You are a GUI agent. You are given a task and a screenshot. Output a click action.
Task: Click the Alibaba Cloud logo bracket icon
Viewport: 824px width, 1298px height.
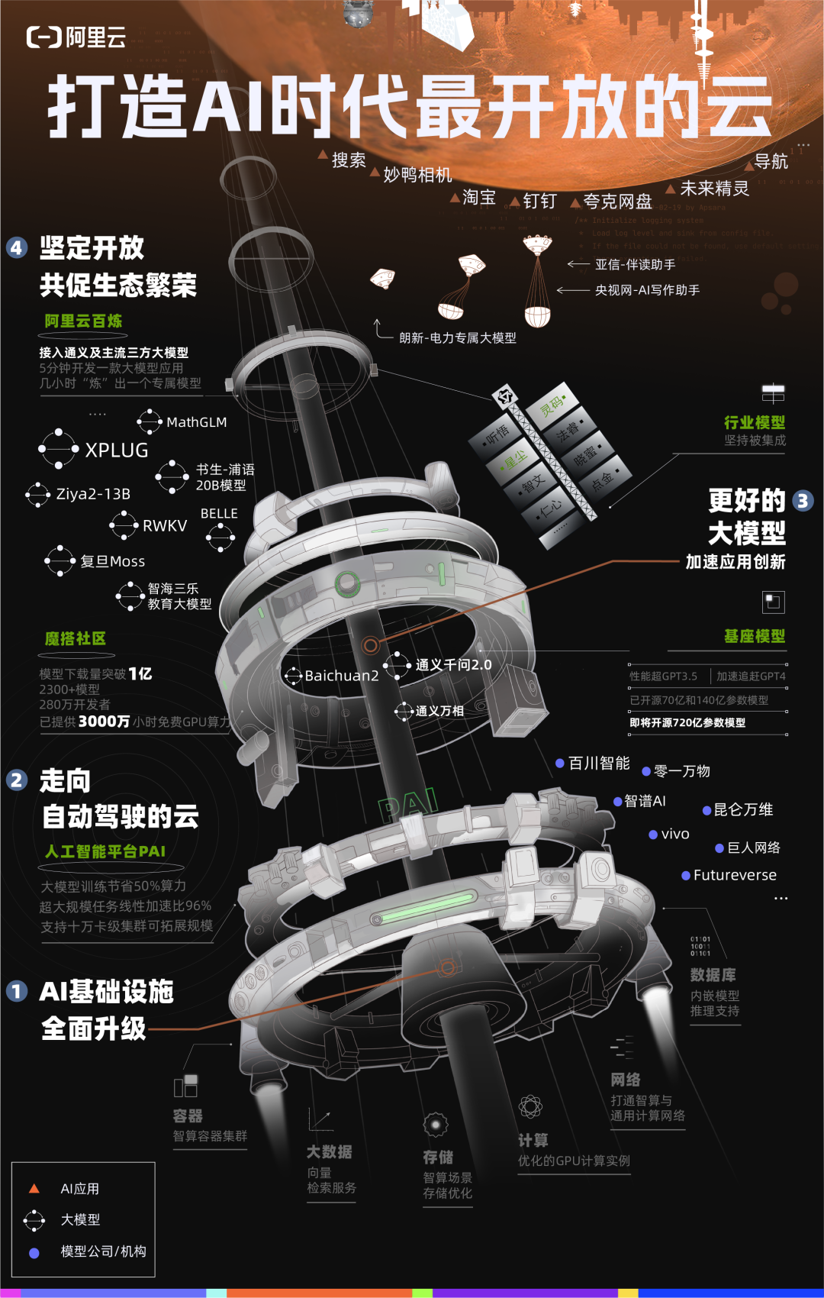tap(44, 37)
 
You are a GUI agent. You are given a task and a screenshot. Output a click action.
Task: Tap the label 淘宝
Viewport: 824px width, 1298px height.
tap(479, 198)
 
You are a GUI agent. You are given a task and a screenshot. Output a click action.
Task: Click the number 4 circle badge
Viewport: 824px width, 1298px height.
tap(17, 247)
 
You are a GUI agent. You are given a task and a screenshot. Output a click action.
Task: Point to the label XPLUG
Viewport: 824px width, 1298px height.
tap(117, 450)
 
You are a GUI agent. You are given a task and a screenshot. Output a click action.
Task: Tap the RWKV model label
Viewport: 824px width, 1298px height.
tap(165, 525)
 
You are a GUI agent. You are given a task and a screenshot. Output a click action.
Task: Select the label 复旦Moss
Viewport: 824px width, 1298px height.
tap(113, 561)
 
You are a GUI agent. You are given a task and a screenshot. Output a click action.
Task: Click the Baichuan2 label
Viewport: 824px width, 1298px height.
tap(341, 676)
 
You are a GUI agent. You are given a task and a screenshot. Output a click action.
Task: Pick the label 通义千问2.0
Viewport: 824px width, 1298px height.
tap(453, 665)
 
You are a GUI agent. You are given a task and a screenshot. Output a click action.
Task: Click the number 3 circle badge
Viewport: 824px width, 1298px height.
tap(803, 501)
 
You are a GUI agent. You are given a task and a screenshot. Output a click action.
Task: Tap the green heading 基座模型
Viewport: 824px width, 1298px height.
tap(754, 636)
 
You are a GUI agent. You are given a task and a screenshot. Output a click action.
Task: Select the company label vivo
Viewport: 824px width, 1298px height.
tap(675, 834)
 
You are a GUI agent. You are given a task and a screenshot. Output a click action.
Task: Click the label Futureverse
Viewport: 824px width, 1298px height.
tap(735, 875)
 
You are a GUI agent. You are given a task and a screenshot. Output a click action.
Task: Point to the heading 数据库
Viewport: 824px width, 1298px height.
tap(713, 975)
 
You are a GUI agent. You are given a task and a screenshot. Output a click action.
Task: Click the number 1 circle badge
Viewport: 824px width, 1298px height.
tap(17, 991)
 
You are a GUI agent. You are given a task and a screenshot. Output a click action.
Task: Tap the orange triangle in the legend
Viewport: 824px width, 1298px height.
tap(34, 1189)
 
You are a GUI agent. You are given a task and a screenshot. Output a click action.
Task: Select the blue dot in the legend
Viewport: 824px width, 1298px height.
tap(34, 1252)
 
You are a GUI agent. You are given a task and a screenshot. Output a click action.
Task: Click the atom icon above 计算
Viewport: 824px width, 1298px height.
tap(530, 1106)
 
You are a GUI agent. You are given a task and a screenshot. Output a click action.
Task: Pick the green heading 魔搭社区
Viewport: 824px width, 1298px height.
tap(75, 638)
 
